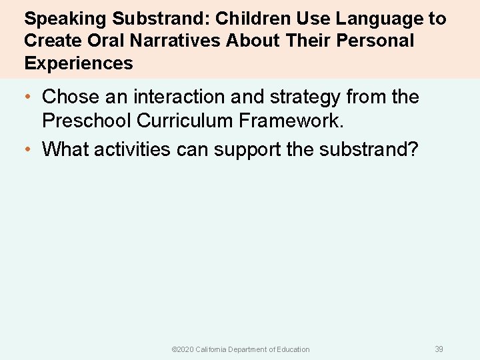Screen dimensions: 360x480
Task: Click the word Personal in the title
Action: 375,41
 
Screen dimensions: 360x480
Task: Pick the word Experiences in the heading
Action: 79,64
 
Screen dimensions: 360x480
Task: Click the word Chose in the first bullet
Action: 70,97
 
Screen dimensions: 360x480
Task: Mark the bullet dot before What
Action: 27,149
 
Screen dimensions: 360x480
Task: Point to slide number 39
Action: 439,349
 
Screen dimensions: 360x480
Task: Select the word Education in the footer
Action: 293,349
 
